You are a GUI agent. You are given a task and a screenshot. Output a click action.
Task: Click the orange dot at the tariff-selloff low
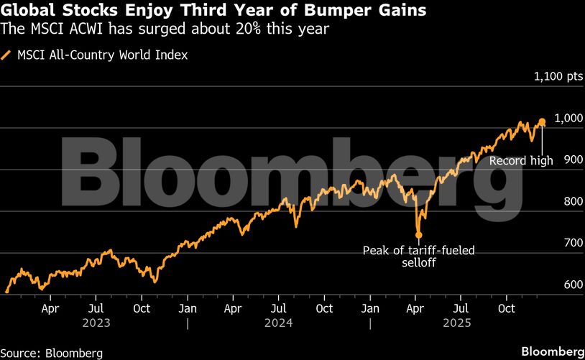tap(419, 234)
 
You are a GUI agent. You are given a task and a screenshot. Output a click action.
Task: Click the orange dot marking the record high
tap(542, 122)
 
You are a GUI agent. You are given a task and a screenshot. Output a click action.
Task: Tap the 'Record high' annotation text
tap(521, 161)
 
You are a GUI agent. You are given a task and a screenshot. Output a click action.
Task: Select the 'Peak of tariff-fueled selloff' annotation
tap(419, 257)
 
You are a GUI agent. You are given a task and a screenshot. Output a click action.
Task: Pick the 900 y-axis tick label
tap(571, 160)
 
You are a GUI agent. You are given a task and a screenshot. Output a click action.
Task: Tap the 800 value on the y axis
tap(571, 202)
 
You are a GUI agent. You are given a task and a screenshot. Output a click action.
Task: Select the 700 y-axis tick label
tap(571, 244)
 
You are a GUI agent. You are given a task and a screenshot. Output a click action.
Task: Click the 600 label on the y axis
tap(571, 285)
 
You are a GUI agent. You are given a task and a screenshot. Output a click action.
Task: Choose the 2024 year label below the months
tap(279, 323)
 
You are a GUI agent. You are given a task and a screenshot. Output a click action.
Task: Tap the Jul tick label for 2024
tap(279, 309)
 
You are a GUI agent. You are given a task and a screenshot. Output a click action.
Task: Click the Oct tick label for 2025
tap(507, 309)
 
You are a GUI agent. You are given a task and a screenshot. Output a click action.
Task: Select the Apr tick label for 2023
tap(50, 309)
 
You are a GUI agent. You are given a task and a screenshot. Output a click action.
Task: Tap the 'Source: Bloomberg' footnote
tap(52, 353)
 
